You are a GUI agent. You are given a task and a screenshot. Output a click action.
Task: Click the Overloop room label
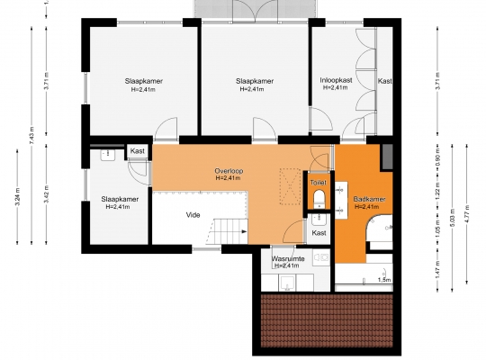(229, 171)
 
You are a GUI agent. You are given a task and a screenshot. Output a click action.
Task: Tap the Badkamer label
(369, 199)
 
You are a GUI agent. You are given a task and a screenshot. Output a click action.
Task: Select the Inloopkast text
(336, 80)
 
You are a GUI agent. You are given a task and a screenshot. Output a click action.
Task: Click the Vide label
(193, 215)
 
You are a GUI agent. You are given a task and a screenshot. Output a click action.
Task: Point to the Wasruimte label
(288, 258)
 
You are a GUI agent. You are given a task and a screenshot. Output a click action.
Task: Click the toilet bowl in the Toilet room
(319, 198)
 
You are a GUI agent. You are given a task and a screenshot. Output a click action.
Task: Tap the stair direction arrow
(244, 231)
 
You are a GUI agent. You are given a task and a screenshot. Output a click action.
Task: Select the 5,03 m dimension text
(452, 214)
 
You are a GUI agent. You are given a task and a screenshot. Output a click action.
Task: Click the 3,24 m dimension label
(17, 196)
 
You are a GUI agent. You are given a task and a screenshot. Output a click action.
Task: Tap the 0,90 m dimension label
(437, 157)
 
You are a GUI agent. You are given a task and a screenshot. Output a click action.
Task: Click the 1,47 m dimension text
(437, 269)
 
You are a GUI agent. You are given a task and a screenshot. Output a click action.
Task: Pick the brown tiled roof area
(327, 320)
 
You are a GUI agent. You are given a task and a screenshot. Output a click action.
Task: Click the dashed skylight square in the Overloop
(290, 186)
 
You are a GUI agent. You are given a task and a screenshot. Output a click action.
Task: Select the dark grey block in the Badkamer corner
(386, 157)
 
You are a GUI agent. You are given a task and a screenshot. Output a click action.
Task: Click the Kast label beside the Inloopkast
(385, 81)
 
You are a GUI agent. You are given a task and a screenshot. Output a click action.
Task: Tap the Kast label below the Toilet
(319, 233)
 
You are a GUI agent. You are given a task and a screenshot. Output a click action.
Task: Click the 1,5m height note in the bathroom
(384, 280)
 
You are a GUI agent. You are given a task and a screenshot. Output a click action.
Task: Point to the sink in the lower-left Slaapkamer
(108, 154)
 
